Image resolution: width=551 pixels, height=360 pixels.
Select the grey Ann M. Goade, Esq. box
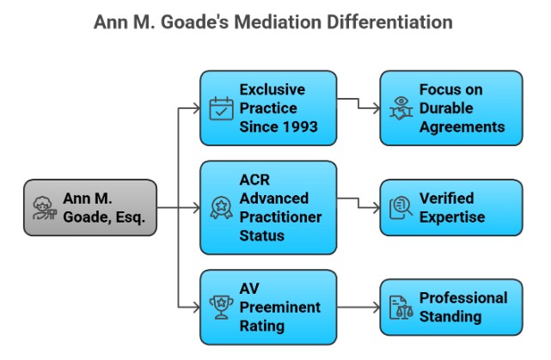click(x=90, y=207)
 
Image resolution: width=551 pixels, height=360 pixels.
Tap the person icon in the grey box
click(x=43, y=208)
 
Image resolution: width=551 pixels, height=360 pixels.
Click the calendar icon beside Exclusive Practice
click(x=222, y=108)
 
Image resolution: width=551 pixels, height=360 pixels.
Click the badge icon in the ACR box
click(x=222, y=207)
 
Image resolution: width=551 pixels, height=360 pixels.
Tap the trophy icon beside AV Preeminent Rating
click(x=222, y=307)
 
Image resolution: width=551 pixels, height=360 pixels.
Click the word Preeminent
click(x=279, y=307)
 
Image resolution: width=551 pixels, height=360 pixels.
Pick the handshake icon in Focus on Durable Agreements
click(x=401, y=108)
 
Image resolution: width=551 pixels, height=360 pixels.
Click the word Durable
click(x=445, y=108)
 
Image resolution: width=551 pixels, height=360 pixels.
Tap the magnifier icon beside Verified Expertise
click(x=401, y=207)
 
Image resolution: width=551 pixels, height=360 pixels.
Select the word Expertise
click(x=452, y=217)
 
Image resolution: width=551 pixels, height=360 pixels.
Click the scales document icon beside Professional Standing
click(x=401, y=307)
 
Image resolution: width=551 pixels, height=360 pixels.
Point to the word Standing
click(x=450, y=316)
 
